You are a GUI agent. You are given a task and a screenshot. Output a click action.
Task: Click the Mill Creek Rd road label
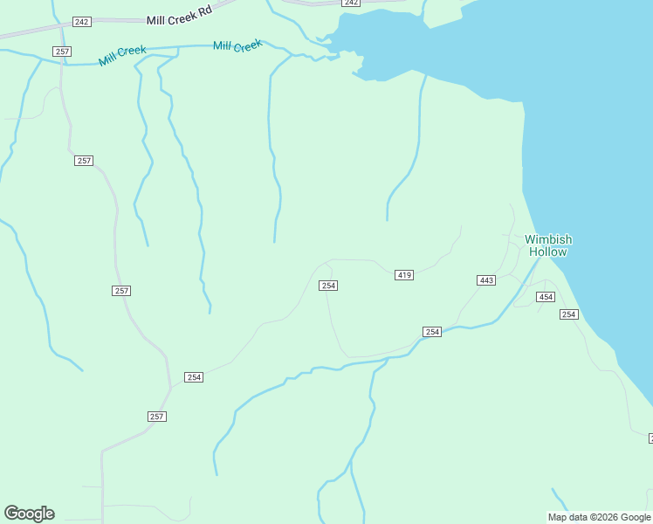[179, 19]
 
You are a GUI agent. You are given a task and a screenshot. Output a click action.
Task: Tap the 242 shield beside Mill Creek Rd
[82, 21]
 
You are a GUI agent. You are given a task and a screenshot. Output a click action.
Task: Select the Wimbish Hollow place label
[548, 245]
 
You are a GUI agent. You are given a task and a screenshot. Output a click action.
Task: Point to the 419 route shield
[403, 275]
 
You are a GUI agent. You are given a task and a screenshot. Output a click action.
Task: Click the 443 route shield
[486, 280]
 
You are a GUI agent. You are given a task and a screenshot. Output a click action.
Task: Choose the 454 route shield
[546, 297]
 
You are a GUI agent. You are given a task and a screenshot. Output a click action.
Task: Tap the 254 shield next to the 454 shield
[569, 314]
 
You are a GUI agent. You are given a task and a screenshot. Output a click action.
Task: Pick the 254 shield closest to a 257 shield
[194, 377]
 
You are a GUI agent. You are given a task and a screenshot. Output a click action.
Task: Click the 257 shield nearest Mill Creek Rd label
[62, 52]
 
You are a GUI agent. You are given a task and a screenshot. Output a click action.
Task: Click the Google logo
[29, 514]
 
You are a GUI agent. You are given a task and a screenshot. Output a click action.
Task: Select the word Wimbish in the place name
[548, 239]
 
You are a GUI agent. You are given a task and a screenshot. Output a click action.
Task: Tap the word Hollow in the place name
[548, 252]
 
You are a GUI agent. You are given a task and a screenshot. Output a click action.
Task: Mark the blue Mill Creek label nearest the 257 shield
[122, 56]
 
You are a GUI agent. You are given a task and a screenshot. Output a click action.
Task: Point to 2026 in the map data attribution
[608, 517]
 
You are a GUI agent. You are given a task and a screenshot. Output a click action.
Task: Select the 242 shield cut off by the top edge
[350, 3]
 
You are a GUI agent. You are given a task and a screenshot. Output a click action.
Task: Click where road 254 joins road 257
[170, 387]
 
